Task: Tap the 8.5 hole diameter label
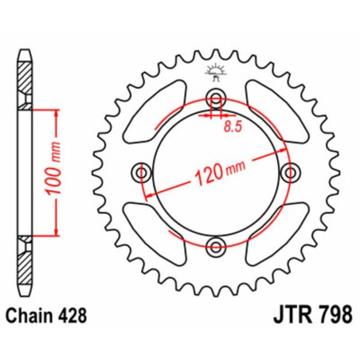tap(233, 124)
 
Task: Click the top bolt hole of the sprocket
tap(214, 100)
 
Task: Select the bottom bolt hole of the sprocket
tap(214, 245)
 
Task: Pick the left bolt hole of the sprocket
tap(143, 172)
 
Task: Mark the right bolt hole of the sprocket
tap(287, 172)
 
